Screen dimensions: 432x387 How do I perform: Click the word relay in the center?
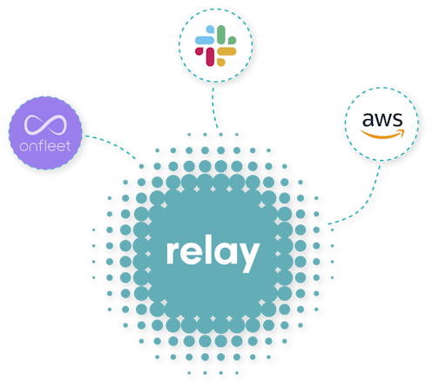(x=213, y=254)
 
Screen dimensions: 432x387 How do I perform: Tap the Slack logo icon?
(x=215, y=46)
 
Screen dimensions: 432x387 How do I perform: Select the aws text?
(x=382, y=120)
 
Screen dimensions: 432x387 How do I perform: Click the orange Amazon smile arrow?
(x=382, y=135)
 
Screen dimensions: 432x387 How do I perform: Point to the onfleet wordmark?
(x=45, y=146)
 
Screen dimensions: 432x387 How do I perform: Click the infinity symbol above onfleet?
(x=45, y=125)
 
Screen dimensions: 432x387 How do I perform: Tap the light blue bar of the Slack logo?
(x=205, y=40)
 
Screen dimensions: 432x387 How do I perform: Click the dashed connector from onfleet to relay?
(x=111, y=145)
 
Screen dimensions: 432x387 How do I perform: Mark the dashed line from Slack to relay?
(x=214, y=108)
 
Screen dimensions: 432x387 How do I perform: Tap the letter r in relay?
(x=172, y=253)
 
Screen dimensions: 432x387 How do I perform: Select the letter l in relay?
(x=207, y=251)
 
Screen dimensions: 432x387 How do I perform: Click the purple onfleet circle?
(x=45, y=133)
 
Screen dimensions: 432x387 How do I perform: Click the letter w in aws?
(x=382, y=120)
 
